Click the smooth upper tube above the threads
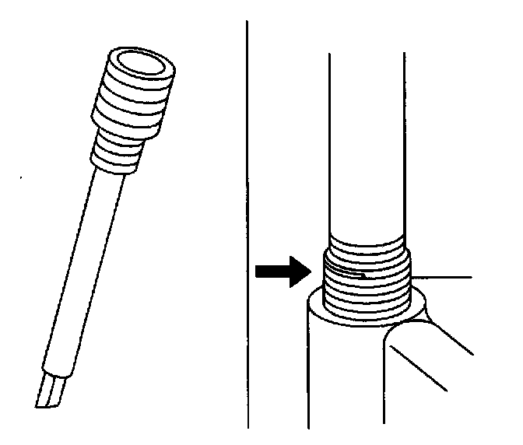pyautogui.click(x=366, y=140)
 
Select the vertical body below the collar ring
pyautogui.click(x=342, y=373)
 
